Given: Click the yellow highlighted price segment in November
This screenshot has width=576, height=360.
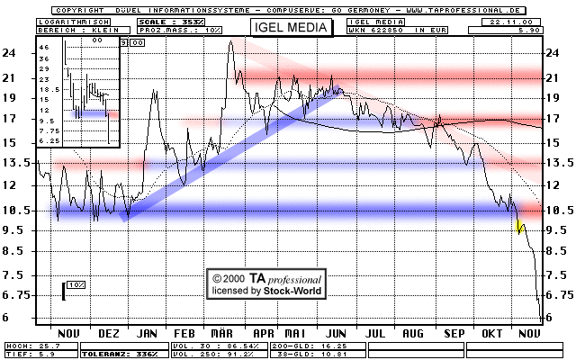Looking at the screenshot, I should tap(519, 224).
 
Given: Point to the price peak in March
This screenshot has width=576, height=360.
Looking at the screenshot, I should tap(231, 41).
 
